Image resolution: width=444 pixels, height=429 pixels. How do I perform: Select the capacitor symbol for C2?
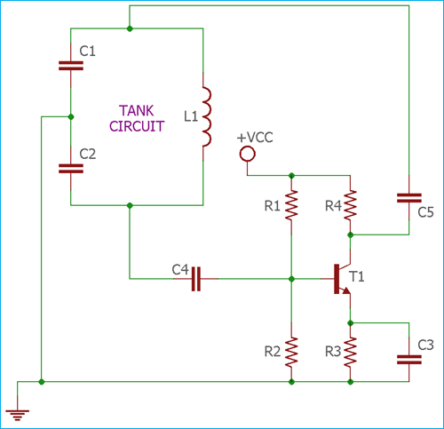pyautogui.click(x=70, y=168)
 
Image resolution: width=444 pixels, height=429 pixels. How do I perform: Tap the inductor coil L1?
pyautogui.click(x=205, y=117)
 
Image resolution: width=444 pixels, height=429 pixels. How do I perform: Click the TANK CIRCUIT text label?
pyautogui.click(x=137, y=118)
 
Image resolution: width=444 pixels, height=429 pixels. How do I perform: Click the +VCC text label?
pyautogui.click(x=254, y=138)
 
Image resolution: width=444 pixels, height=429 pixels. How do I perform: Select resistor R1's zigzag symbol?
pyautogui.click(x=290, y=206)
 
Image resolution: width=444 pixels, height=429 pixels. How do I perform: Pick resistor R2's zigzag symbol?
pyautogui.click(x=290, y=352)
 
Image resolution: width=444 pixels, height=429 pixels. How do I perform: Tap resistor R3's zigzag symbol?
pyautogui.click(x=351, y=352)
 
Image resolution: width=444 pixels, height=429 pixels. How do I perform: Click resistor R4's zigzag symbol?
pyautogui.click(x=351, y=206)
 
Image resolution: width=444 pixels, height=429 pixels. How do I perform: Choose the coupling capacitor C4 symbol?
pyautogui.click(x=197, y=279)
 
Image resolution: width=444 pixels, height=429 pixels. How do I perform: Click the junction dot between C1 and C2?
pyautogui.click(x=70, y=116)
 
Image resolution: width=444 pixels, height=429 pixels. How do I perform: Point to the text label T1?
pyautogui.click(x=357, y=277)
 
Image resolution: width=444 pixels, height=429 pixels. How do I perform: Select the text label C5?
pyautogui.click(x=425, y=211)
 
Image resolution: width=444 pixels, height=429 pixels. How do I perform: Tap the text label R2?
pyautogui.click(x=271, y=352)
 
